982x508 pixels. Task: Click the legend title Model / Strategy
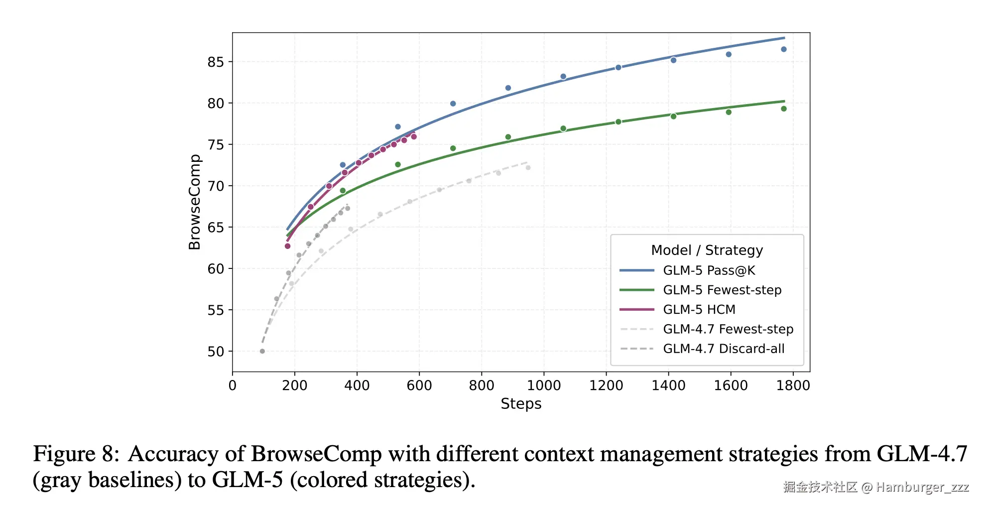707,250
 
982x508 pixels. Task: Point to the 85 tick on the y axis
216,62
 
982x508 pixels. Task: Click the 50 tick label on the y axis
216,352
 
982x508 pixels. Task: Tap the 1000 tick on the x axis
544,385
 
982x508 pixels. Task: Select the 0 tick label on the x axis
233,385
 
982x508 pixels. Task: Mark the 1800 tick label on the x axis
793,385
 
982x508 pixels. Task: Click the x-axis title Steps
521,404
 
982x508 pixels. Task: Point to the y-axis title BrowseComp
194,202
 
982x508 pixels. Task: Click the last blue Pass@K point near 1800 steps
784,49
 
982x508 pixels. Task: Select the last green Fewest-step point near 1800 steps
784,109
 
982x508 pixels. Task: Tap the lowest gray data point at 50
262,351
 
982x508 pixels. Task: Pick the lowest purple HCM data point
287,246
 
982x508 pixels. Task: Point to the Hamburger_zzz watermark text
922,487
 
